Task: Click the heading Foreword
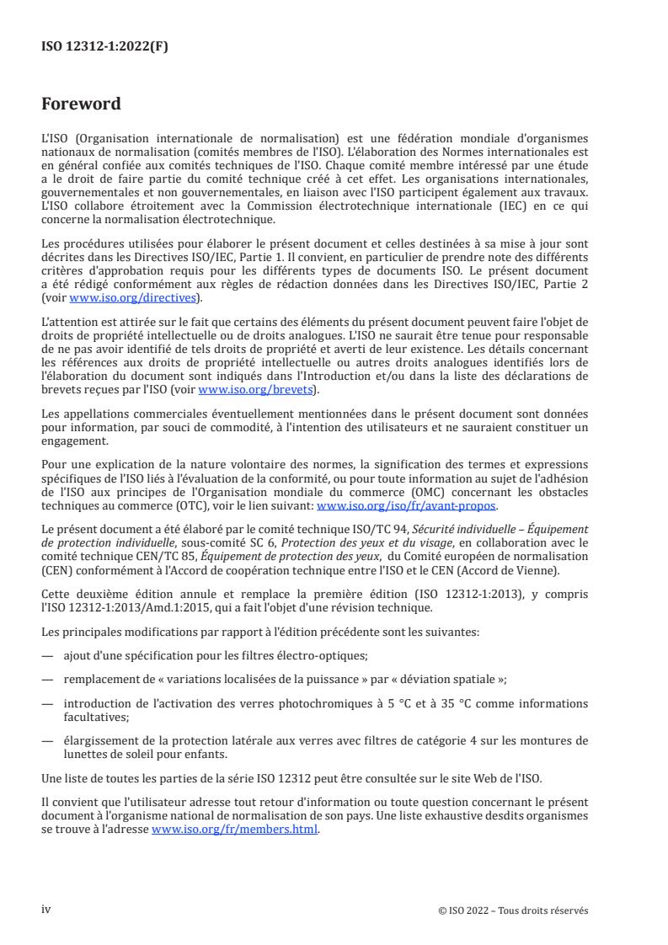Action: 81,104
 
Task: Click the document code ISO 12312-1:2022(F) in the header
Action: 105,47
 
